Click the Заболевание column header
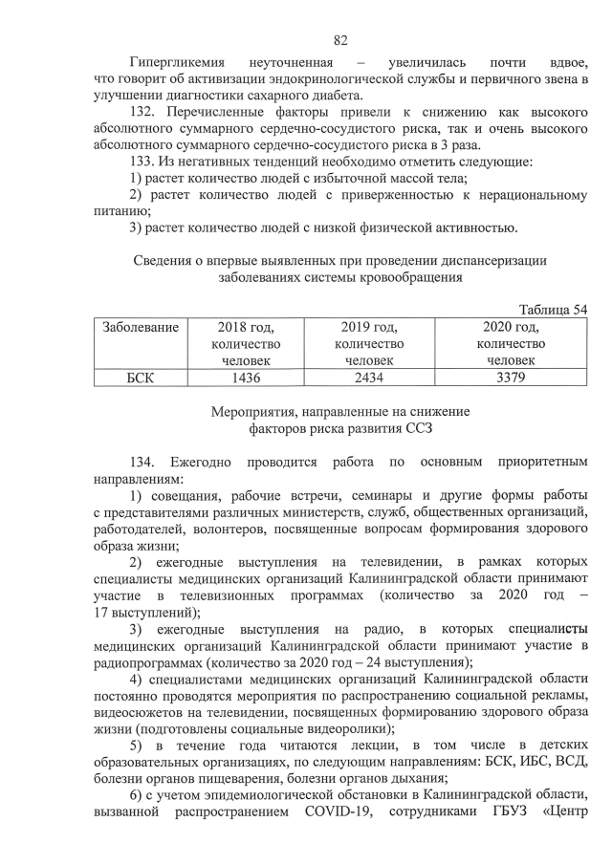[141, 327]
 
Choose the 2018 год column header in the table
[246, 327]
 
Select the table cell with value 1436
[246, 378]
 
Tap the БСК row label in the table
[141, 378]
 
